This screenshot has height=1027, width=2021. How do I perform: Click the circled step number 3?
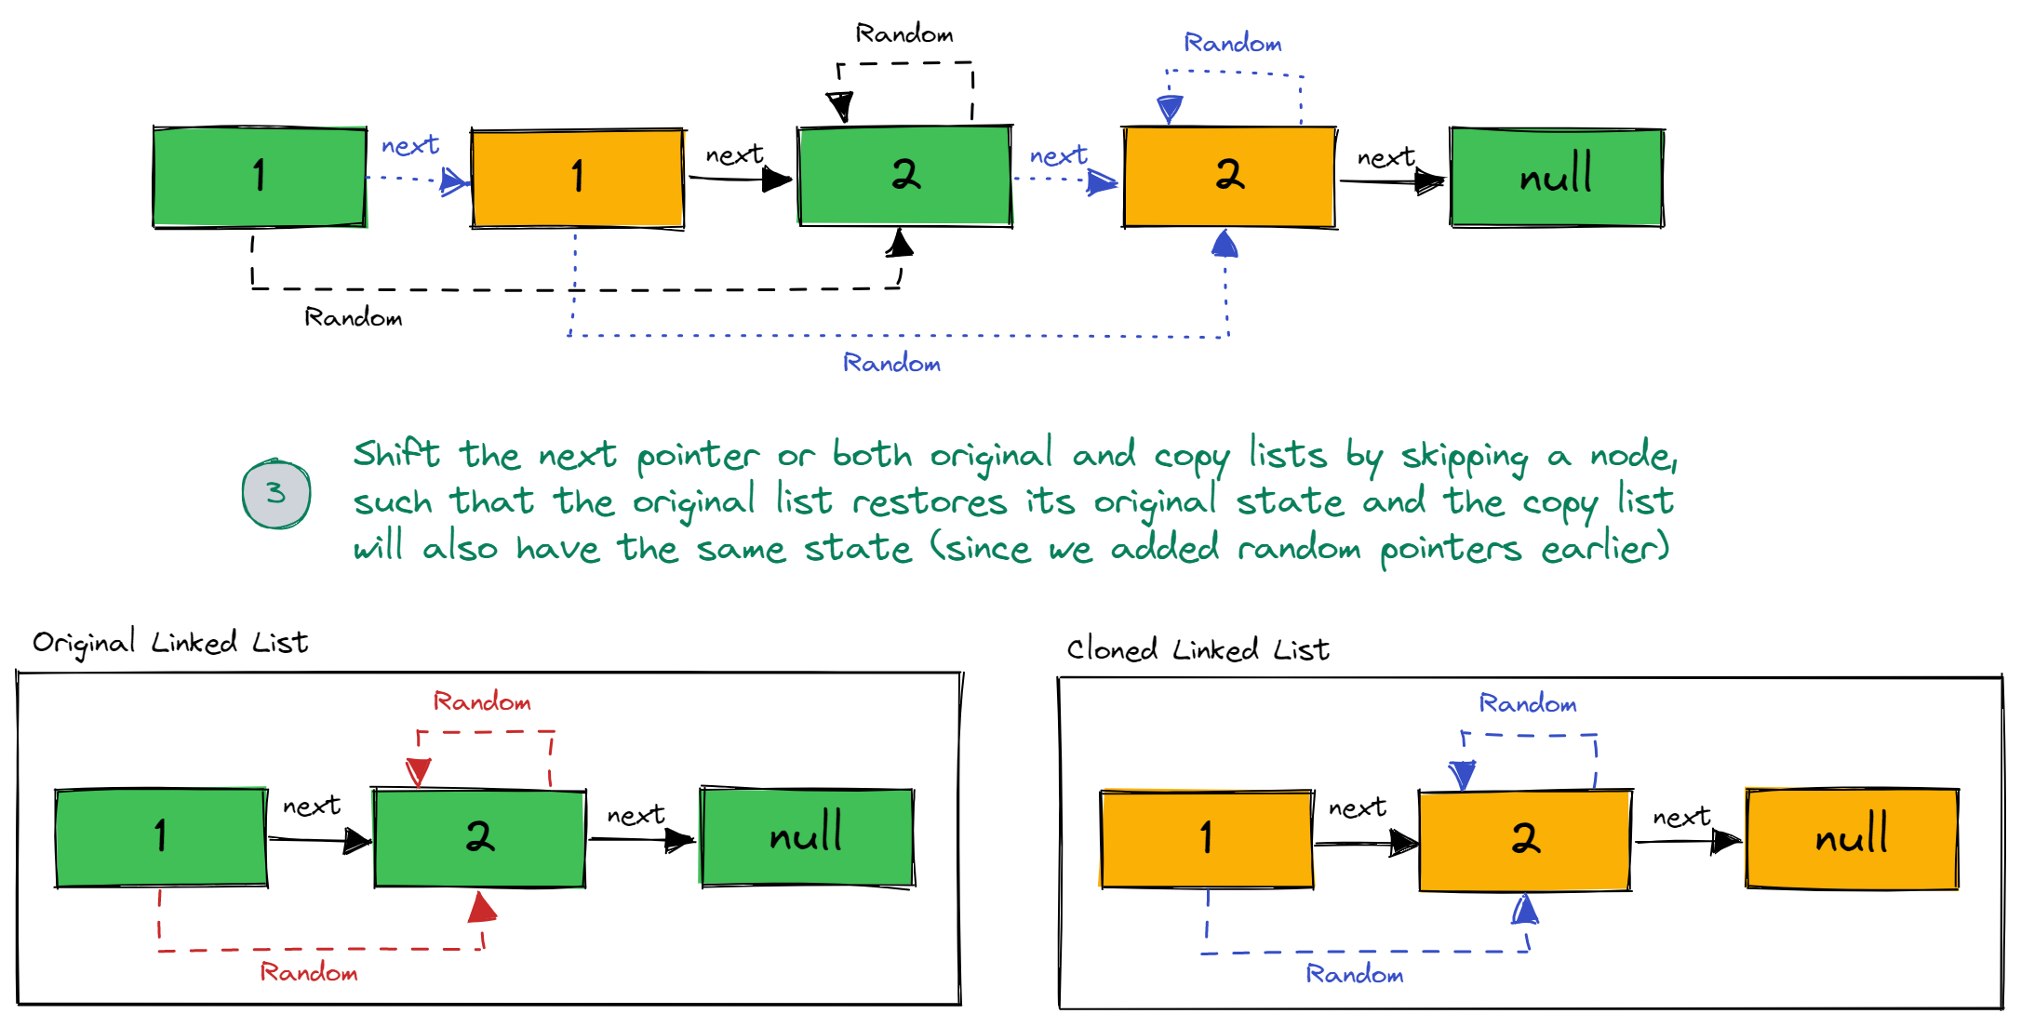tap(276, 494)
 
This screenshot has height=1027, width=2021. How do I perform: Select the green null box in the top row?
tap(1557, 177)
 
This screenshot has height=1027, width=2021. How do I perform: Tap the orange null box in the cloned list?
tap(1852, 838)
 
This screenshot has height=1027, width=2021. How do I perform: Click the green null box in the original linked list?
tap(807, 837)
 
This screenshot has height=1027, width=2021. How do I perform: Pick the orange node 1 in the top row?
tap(578, 178)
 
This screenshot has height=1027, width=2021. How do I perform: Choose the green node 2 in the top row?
tap(904, 175)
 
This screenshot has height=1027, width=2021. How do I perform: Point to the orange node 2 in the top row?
tap(1229, 176)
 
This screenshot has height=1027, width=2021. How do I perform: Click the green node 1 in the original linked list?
tap(161, 837)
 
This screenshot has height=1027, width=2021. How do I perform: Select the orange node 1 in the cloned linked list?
tap(1206, 839)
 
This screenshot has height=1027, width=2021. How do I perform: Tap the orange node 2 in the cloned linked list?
tap(1524, 839)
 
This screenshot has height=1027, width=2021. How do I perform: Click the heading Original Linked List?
tap(170, 642)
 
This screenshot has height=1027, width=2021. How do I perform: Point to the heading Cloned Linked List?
tap(1198, 648)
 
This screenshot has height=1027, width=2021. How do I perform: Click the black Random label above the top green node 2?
tap(904, 34)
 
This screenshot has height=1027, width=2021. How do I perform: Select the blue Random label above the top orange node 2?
tap(1233, 43)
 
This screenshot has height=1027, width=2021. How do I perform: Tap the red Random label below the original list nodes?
tap(309, 972)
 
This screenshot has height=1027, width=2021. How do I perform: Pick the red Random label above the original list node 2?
tap(482, 701)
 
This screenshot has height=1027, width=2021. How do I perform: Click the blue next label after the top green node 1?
tap(410, 145)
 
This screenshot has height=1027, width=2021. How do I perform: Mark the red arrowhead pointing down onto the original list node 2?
tap(419, 772)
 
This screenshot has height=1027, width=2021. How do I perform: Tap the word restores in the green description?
tap(930, 502)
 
